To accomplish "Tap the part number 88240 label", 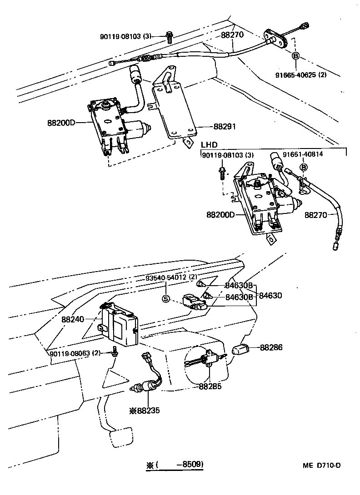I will click(x=73, y=320).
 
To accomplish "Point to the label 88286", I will click(x=271, y=347).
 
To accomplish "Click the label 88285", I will click(x=210, y=387).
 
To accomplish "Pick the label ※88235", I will click(x=145, y=410).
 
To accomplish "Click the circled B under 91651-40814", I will click(x=304, y=168).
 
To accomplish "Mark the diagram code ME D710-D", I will click(x=322, y=465).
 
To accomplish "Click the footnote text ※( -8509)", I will click(x=175, y=465).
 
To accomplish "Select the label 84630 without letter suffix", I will click(x=271, y=295).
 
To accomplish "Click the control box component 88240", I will click(x=119, y=323).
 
